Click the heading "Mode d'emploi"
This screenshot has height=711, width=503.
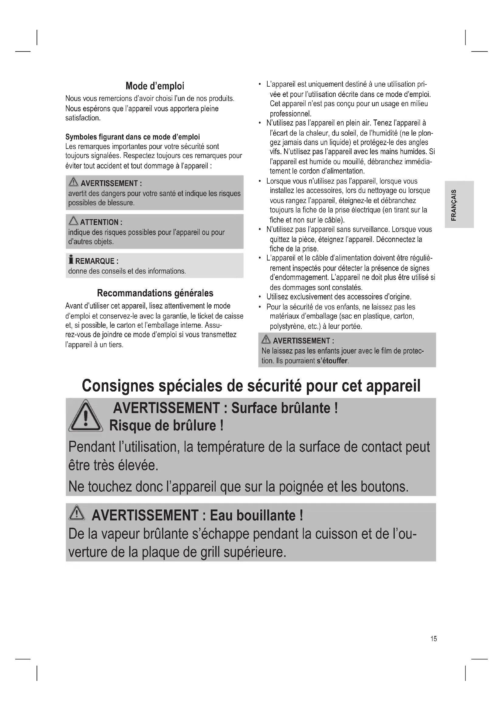[154, 86]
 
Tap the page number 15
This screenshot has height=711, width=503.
[433, 639]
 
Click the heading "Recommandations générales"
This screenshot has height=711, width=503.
[155, 293]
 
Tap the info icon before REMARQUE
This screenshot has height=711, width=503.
[71, 260]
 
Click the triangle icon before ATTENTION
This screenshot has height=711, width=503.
[73, 221]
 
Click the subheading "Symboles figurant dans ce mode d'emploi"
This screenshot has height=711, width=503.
[133, 137]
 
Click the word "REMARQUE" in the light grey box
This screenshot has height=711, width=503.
[95, 261]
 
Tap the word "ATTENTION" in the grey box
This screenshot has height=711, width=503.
[99, 222]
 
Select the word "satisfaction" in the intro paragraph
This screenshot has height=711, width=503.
[82, 118]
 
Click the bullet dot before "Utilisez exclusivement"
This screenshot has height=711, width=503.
[259, 297]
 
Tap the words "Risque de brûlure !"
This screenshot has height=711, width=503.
[166, 426]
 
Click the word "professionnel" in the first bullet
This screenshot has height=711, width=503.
[290, 114]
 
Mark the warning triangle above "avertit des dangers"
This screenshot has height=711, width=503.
[73, 182]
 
